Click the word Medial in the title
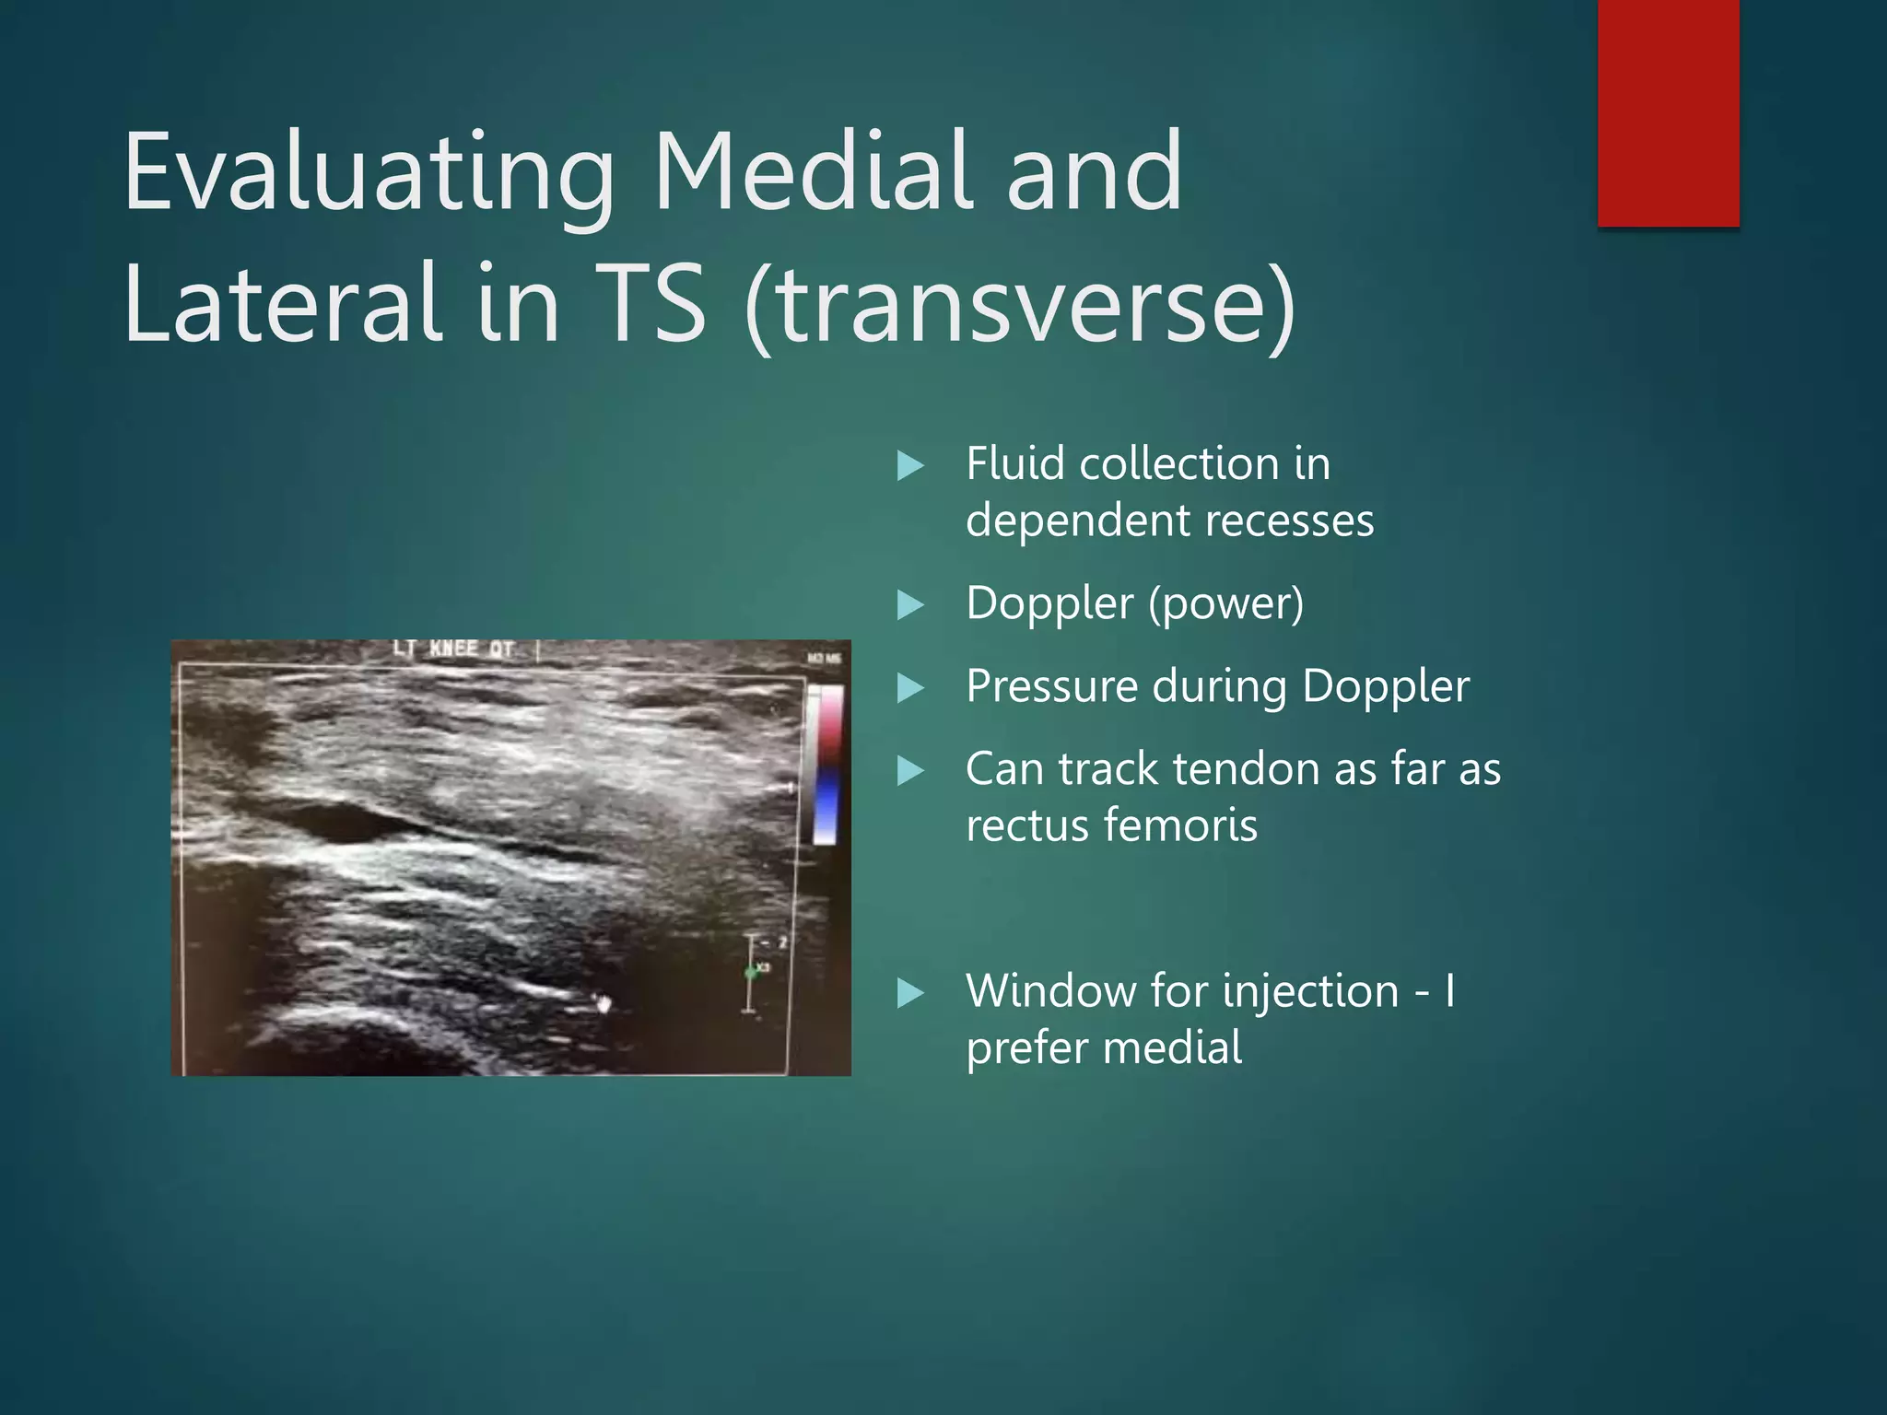click(x=811, y=171)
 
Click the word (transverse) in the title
click(x=1019, y=304)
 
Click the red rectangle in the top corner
click(x=1668, y=112)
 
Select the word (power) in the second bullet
click(x=1225, y=604)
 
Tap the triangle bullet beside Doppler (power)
click(x=910, y=605)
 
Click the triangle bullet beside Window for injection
click(x=910, y=992)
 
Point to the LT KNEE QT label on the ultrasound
click(x=452, y=649)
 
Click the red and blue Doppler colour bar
click(x=826, y=765)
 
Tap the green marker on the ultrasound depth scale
click(x=750, y=973)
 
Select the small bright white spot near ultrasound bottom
click(x=604, y=1003)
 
